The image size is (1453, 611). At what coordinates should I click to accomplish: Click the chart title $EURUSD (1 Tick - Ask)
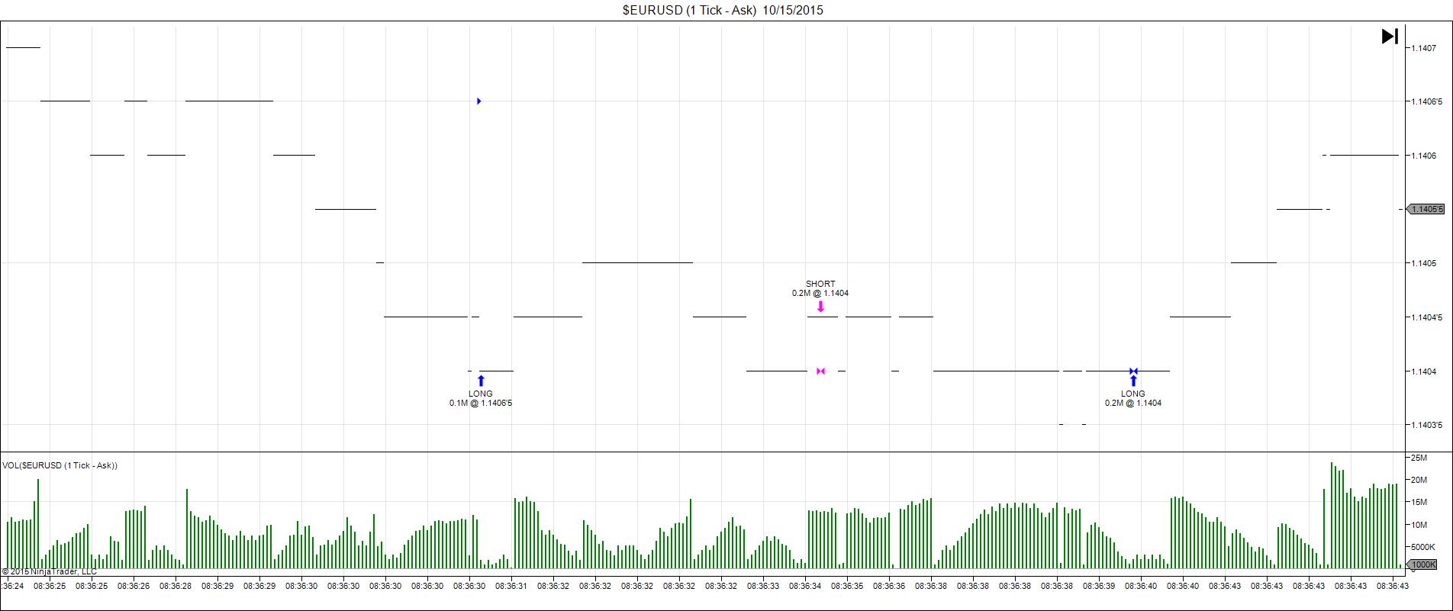(722, 10)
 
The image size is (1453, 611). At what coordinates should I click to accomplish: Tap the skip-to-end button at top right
(1390, 36)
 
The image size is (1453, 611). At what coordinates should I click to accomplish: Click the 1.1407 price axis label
(1424, 48)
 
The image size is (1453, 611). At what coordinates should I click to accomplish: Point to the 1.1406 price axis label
(1424, 156)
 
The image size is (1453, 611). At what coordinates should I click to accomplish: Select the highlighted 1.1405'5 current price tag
(1426, 209)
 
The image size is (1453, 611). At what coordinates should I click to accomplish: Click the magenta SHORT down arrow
(820, 307)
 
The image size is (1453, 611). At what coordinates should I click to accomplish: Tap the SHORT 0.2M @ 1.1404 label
(820, 288)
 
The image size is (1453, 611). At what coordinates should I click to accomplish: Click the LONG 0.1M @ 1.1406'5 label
(481, 398)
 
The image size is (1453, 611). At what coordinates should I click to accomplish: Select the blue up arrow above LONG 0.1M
(481, 381)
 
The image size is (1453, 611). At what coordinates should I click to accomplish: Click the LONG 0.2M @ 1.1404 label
(1133, 398)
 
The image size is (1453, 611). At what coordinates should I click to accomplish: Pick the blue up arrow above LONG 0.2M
(1133, 381)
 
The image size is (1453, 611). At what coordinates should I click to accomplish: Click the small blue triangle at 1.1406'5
(478, 101)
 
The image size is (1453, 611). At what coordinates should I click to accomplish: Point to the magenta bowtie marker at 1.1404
(820, 371)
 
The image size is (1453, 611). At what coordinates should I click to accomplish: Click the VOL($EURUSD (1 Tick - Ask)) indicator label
(60, 465)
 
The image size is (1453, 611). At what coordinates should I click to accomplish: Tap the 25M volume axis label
(1418, 458)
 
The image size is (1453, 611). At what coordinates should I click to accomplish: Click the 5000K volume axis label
(1422, 547)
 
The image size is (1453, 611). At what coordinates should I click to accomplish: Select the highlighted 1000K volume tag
(1422, 564)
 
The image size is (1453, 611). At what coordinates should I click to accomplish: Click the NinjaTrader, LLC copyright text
(49, 571)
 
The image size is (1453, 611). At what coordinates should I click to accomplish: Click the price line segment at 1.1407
(23, 47)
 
